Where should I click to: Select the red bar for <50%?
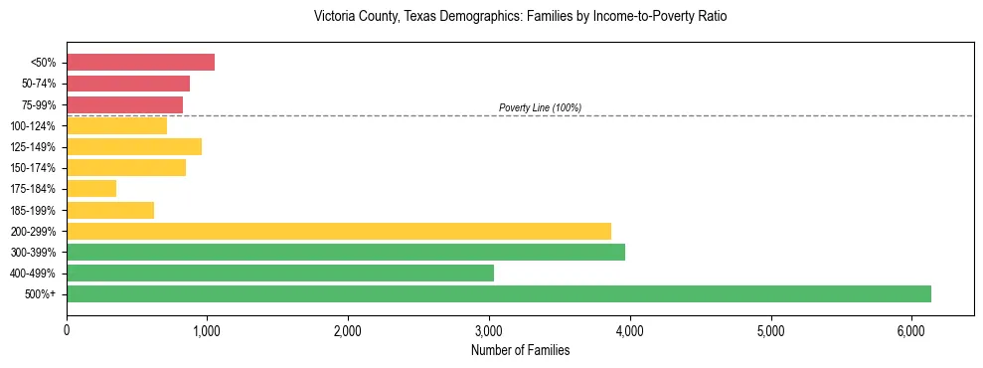pos(140,63)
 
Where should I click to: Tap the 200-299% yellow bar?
pos(339,231)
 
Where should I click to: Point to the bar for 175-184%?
pos(91,188)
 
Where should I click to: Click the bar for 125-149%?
pos(134,146)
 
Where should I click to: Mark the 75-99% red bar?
pos(124,104)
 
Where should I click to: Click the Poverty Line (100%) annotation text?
pos(540,107)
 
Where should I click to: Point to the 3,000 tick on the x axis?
pos(489,329)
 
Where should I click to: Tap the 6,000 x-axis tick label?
pos(911,329)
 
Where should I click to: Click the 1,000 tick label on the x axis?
pos(207,329)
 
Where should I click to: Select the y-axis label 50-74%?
pos(38,84)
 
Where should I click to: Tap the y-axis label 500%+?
pos(41,294)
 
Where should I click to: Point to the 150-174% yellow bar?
pos(126,167)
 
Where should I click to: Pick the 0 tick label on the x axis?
pos(67,329)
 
